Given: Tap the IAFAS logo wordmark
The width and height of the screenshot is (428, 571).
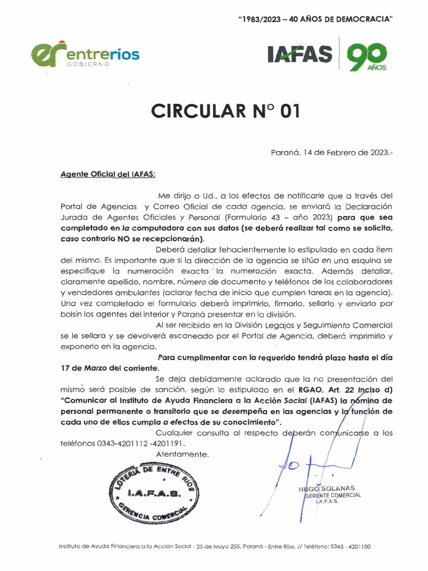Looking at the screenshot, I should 300,55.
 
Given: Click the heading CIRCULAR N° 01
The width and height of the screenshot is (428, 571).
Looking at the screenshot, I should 225,111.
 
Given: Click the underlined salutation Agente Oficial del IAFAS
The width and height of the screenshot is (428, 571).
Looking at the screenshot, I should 108,173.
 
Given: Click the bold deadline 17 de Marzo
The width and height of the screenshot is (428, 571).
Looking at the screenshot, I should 84,368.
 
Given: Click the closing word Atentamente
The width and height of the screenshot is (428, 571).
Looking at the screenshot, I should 182,454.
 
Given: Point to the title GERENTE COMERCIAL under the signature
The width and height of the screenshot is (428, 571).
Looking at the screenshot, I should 331,495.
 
